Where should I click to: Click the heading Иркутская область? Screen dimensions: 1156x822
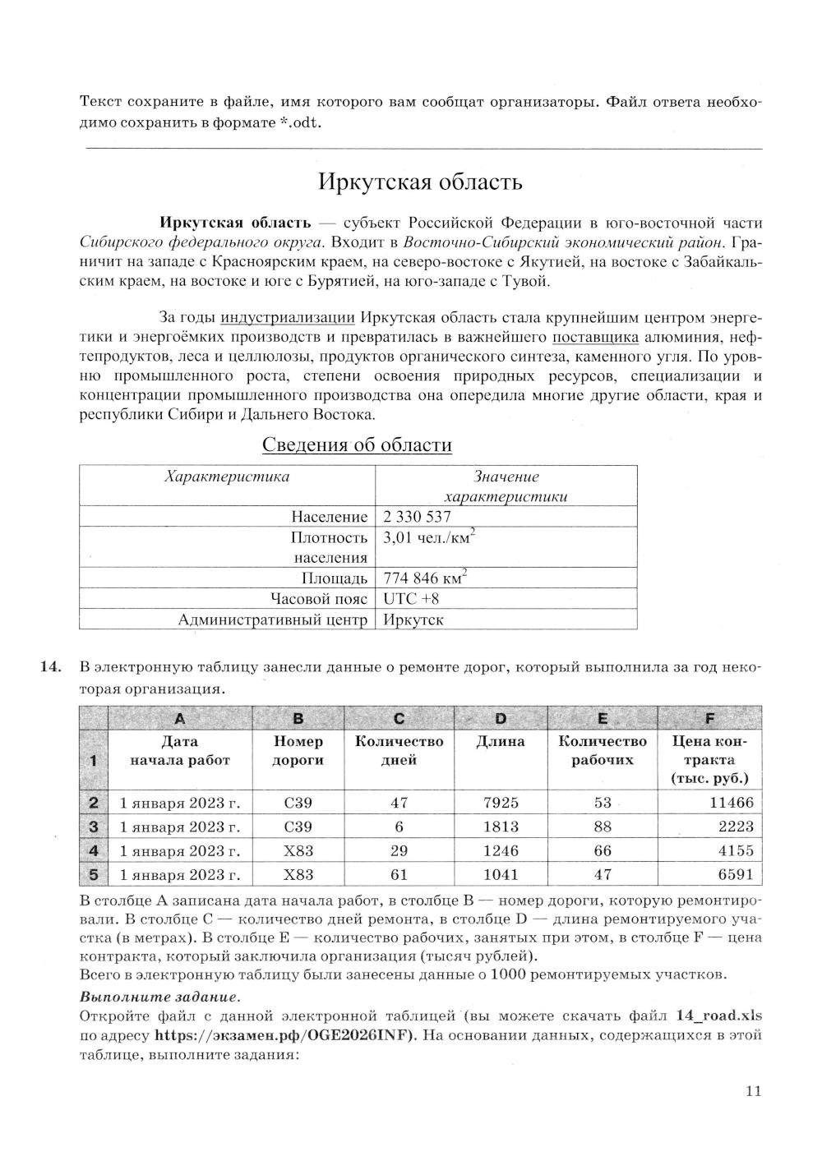(420, 182)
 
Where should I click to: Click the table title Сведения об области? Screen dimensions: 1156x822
(357, 445)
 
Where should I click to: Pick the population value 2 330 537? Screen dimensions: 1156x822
(417, 517)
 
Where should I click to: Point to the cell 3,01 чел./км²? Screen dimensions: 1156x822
(430, 538)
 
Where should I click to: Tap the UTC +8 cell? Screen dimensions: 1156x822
(411, 599)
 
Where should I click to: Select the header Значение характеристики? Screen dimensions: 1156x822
(506, 486)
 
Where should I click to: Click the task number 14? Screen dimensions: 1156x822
(51, 667)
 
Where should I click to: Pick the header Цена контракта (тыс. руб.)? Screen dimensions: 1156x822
(709, 760)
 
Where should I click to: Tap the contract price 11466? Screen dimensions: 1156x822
(731, 803)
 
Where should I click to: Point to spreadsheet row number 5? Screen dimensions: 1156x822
(93, 875)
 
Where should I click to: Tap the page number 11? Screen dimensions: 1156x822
(753, 1092)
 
